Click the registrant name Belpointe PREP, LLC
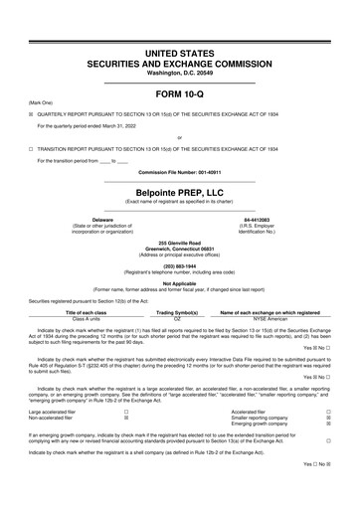click(x=179, y=191)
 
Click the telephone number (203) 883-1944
click(x=179, y=264)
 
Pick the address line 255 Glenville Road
click(x=179, y=240)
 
